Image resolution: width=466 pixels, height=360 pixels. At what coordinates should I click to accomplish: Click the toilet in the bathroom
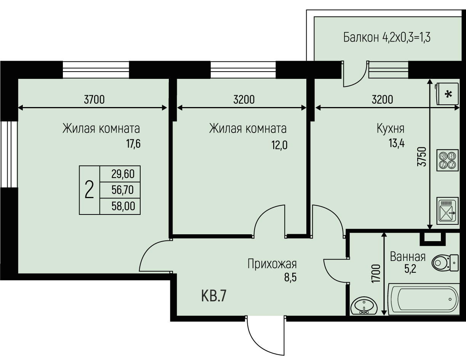(445, 262)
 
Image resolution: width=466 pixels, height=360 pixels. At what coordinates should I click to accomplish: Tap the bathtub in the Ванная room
(424, 299)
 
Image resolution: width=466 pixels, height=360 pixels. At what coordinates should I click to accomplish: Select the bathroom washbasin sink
(364, 306)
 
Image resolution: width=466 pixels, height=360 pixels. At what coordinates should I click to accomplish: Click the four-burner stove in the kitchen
(448, 160)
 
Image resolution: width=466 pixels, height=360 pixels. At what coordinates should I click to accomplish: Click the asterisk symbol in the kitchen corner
(448, 94)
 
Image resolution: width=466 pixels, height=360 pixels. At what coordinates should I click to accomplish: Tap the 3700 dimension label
(94, 100)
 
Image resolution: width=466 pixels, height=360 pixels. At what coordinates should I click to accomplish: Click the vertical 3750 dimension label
(422, 157)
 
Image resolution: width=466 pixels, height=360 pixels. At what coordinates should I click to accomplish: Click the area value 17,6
(133, 144)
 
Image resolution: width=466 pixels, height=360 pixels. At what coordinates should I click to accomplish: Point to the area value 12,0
(279, 145)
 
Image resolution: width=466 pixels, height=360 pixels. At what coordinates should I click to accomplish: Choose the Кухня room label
(391, 129)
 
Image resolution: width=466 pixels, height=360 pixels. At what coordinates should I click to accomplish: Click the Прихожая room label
(272, 264)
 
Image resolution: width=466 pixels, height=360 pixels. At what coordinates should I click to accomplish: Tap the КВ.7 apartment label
(214, 296)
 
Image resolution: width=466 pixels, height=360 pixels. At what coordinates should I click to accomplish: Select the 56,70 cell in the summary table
(122, 190)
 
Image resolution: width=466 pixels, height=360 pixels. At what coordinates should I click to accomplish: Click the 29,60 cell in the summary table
(123, 174)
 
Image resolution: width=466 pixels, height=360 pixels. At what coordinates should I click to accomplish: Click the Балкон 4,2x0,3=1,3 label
(387, 37)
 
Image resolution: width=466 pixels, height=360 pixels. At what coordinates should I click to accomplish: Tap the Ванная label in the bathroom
(408, 257)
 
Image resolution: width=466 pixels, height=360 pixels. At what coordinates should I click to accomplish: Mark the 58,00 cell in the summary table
(123, 206)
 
